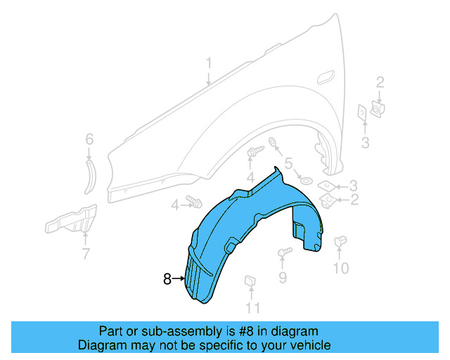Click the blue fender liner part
pyautogui.click(x=239, y=225)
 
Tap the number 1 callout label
pyautogui.click(x=209, y=65)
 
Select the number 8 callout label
pyautogui.click(x=167, y=279)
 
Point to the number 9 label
pyautogui.click(x=283, y=278)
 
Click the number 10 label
pyautogui.click(x=340, y=268)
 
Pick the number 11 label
pyautogui.click(x=252, y=307)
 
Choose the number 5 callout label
pyautogui.click(x=288, y=164)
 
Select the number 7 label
pyautogui.click(x=86, y=253)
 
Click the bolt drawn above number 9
pyautogui.click(x=285, y=252)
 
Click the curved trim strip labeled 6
pyautogui.click(x=91, y=174)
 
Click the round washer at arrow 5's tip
pyautogui.click(x=306, y=181)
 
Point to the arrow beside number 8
pyautogui.click(x=179, y=279)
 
